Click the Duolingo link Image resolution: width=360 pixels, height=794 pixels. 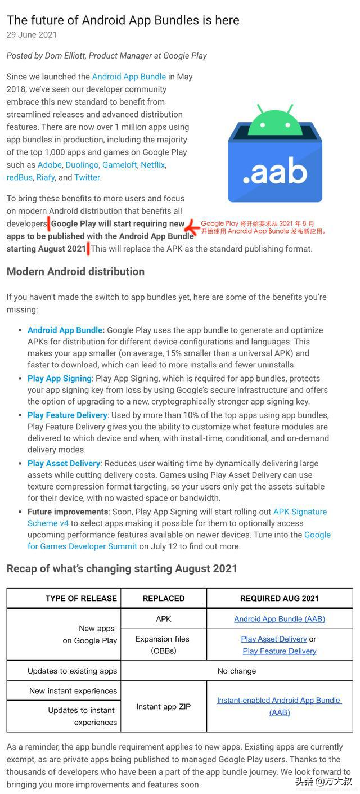pyautogui.click(x=82, y=165)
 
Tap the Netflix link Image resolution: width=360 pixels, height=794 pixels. pyautogui.click(x=153, y=165)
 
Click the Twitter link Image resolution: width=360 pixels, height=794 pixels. pyautogui.click(x=87, y=177)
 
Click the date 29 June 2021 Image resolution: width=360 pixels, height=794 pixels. pyautogui.click(x=31, y=35)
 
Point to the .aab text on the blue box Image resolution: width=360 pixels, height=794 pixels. pyautogui.click(x=275, y=173)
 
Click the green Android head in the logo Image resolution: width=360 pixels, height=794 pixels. pyautogui.click(x=275, y=119)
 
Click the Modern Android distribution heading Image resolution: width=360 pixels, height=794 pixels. pyautogui.click(x=75, y=272)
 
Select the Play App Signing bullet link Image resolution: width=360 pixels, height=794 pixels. pyautogui.click(x=59, y=379)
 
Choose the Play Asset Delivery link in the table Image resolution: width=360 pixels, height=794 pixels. pyautogui.click(x=274, y=639)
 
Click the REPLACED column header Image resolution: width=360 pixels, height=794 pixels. pyautogui.click(x=164, y=598)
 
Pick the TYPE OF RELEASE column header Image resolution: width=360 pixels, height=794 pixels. pyautogui.click(x=81, y=598)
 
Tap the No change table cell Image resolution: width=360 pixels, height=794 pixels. pyautogui.click(x=237, y=671)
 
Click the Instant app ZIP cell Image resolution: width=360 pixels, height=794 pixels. pyautogui.click(x=164, y=707)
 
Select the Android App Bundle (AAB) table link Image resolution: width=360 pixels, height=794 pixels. pyautogui.click(x=280, y=619)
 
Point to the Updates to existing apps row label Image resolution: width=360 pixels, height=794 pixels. pyautogui.click(x=72, y=671)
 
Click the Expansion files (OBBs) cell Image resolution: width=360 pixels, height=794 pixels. pyautogui.click(x=163, y=645)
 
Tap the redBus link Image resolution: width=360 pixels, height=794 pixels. pyautogui.click(x=20, y=177)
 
